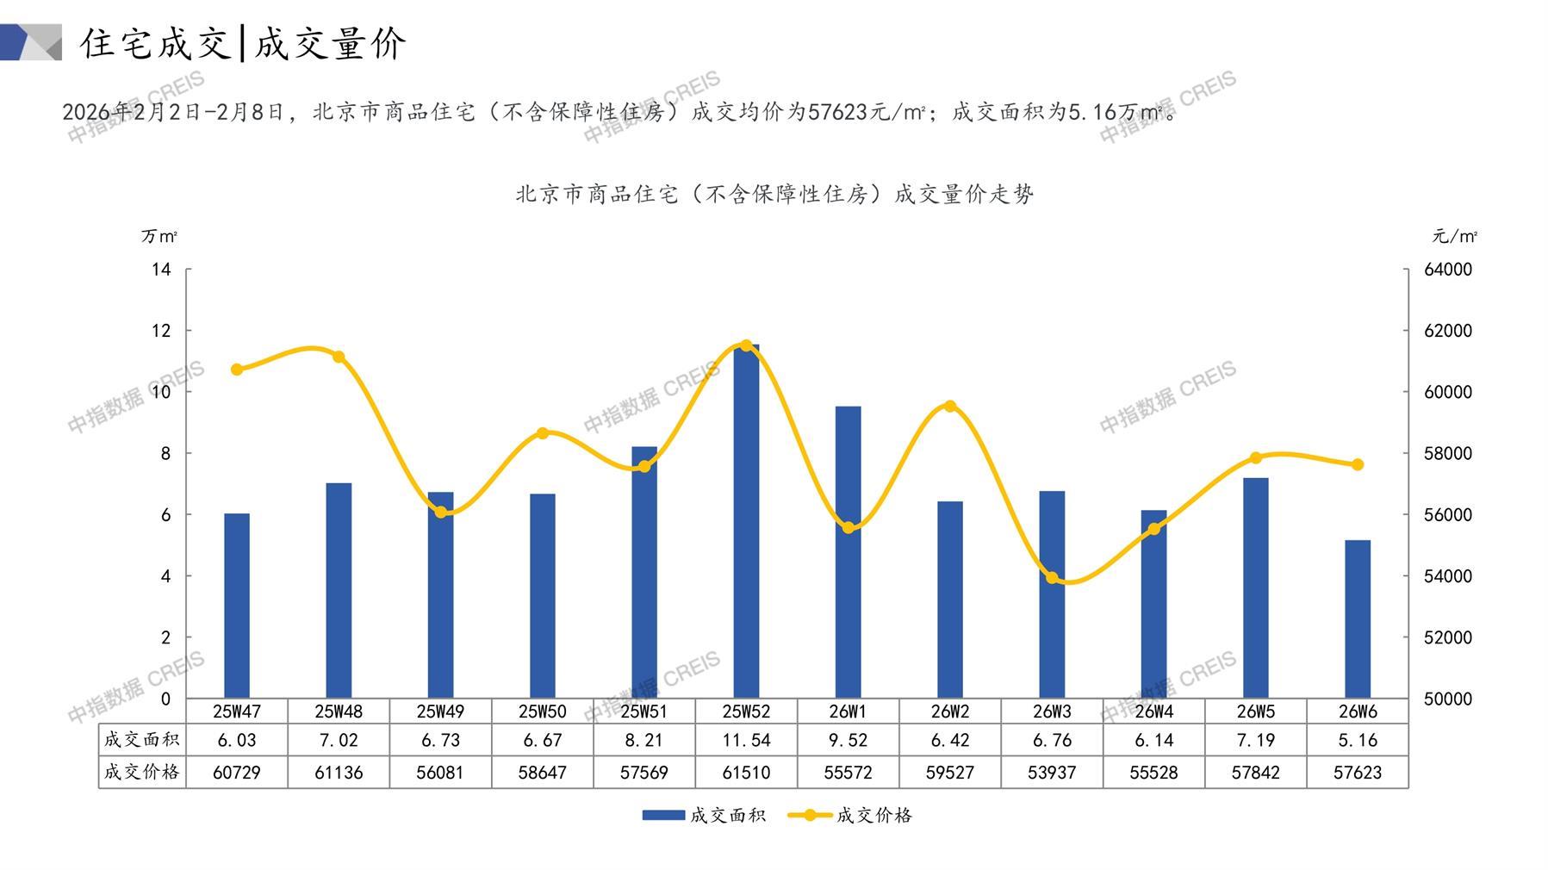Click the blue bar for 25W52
point(746,521)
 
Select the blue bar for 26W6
point(1357,618)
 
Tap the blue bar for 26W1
point(848,551)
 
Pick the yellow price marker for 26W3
point(1052,577)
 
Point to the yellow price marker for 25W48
point(339,357)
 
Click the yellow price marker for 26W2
point(950,406)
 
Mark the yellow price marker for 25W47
point(237,370)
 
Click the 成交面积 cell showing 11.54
point(746,740)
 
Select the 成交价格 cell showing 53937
point(1052,773)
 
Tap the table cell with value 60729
point(237,773)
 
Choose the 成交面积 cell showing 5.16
point(1357,740)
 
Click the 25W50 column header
point(543,712)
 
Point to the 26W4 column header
point(1153,712)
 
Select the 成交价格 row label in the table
point(142,773)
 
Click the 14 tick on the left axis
point(162,270)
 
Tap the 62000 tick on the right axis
point(1447,331)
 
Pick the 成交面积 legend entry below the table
point(704,815)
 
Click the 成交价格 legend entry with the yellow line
point(850,815)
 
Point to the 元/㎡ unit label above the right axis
point(1454,236)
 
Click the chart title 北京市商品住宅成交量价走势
point(774,194)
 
